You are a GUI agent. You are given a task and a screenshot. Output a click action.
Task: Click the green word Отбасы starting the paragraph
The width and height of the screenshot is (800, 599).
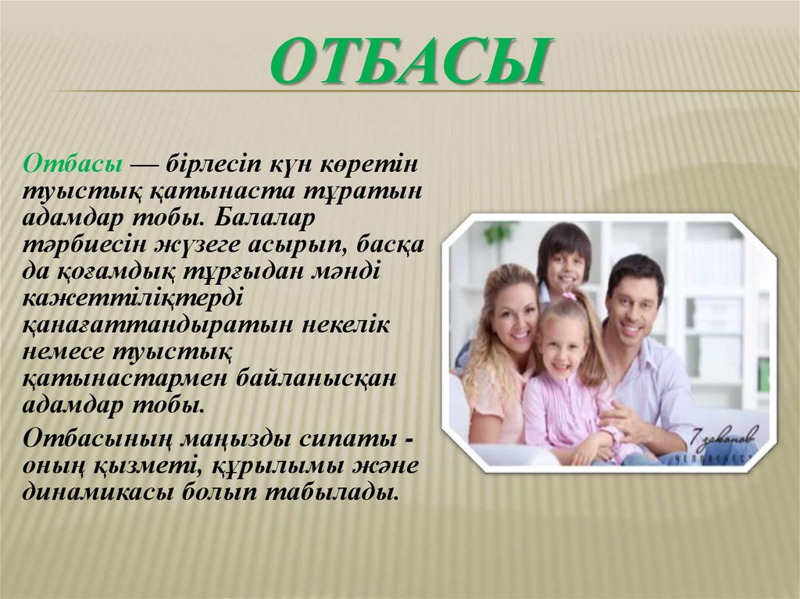(72, 164)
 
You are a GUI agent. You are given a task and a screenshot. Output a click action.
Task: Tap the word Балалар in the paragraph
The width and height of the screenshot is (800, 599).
(266, 218)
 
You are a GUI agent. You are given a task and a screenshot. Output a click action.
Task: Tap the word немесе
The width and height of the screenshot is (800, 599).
(64, 351)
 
